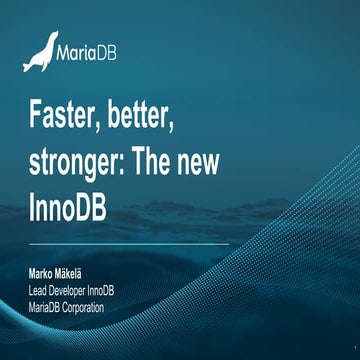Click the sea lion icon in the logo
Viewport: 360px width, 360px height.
tap(39, 53)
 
